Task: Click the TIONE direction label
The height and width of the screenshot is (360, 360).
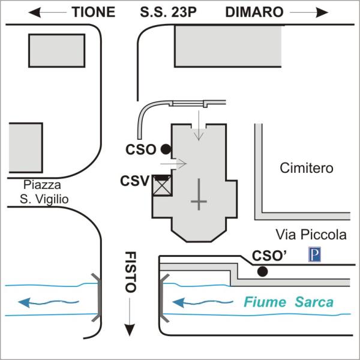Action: [93, 12]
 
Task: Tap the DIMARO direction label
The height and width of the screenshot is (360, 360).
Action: [254, 12]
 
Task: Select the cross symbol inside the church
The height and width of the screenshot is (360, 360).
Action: [199, 199]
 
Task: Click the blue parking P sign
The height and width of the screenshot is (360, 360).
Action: [314, 255]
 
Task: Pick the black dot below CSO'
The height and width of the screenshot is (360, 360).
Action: [262, 272]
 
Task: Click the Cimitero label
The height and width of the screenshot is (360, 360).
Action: [307, 169]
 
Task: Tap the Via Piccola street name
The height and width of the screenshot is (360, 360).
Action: [311, 235]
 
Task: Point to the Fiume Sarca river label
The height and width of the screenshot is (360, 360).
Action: [288, 302]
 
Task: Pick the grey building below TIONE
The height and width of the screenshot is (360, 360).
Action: [57, 50]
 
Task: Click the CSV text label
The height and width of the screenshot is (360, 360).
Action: [134, 180]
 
